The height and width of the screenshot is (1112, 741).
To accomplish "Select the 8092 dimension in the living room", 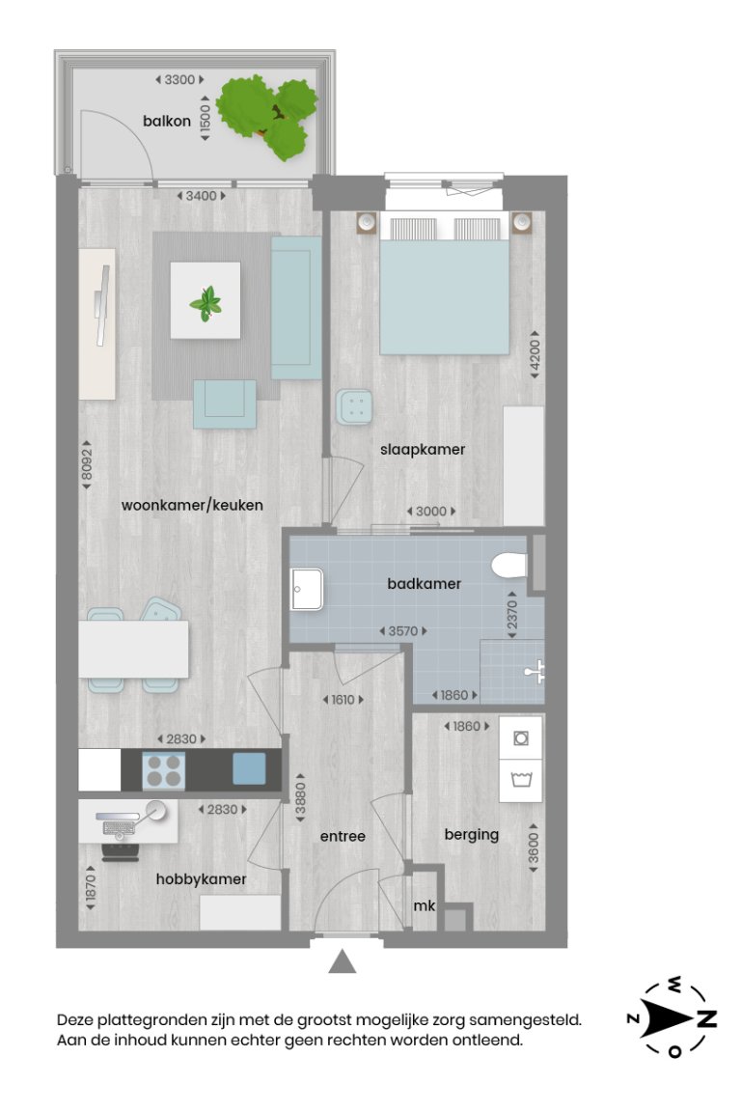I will [x=86, y=467].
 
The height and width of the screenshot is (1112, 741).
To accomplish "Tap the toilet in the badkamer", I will [x=508, y=566].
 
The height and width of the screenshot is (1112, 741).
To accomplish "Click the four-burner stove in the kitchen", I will [x=163, y=770].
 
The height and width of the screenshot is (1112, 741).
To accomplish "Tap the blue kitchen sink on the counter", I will [x=249, y=768].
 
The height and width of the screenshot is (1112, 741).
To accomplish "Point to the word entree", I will [x=343, y=836].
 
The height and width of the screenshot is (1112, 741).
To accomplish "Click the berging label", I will [x=472, y=834].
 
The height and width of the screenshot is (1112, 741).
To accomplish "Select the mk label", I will [x=424, y=906].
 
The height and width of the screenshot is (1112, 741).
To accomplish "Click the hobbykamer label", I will [x=201, y=879].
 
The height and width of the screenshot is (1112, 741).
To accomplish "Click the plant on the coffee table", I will [x=206, y=303].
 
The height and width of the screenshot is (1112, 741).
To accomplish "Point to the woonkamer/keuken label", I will [x=192, y=505].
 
